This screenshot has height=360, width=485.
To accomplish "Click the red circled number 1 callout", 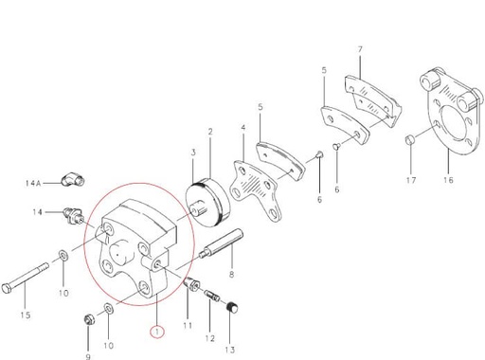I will (x=159, y=331).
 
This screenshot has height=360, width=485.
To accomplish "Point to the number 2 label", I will (x=209, y=131).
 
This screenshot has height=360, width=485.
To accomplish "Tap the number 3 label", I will (x=192, y=152).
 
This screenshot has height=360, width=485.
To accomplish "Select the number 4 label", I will (x=242, y=127).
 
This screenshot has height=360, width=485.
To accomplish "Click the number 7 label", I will (x=360, y=48).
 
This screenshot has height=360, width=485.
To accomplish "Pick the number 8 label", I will (x=230, y=274).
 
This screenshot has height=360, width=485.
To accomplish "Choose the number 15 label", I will (x=26, y=315).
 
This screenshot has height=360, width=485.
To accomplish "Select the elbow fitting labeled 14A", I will (x=71, y=177).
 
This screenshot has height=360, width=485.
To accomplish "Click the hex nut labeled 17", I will (x=408, y=141).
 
